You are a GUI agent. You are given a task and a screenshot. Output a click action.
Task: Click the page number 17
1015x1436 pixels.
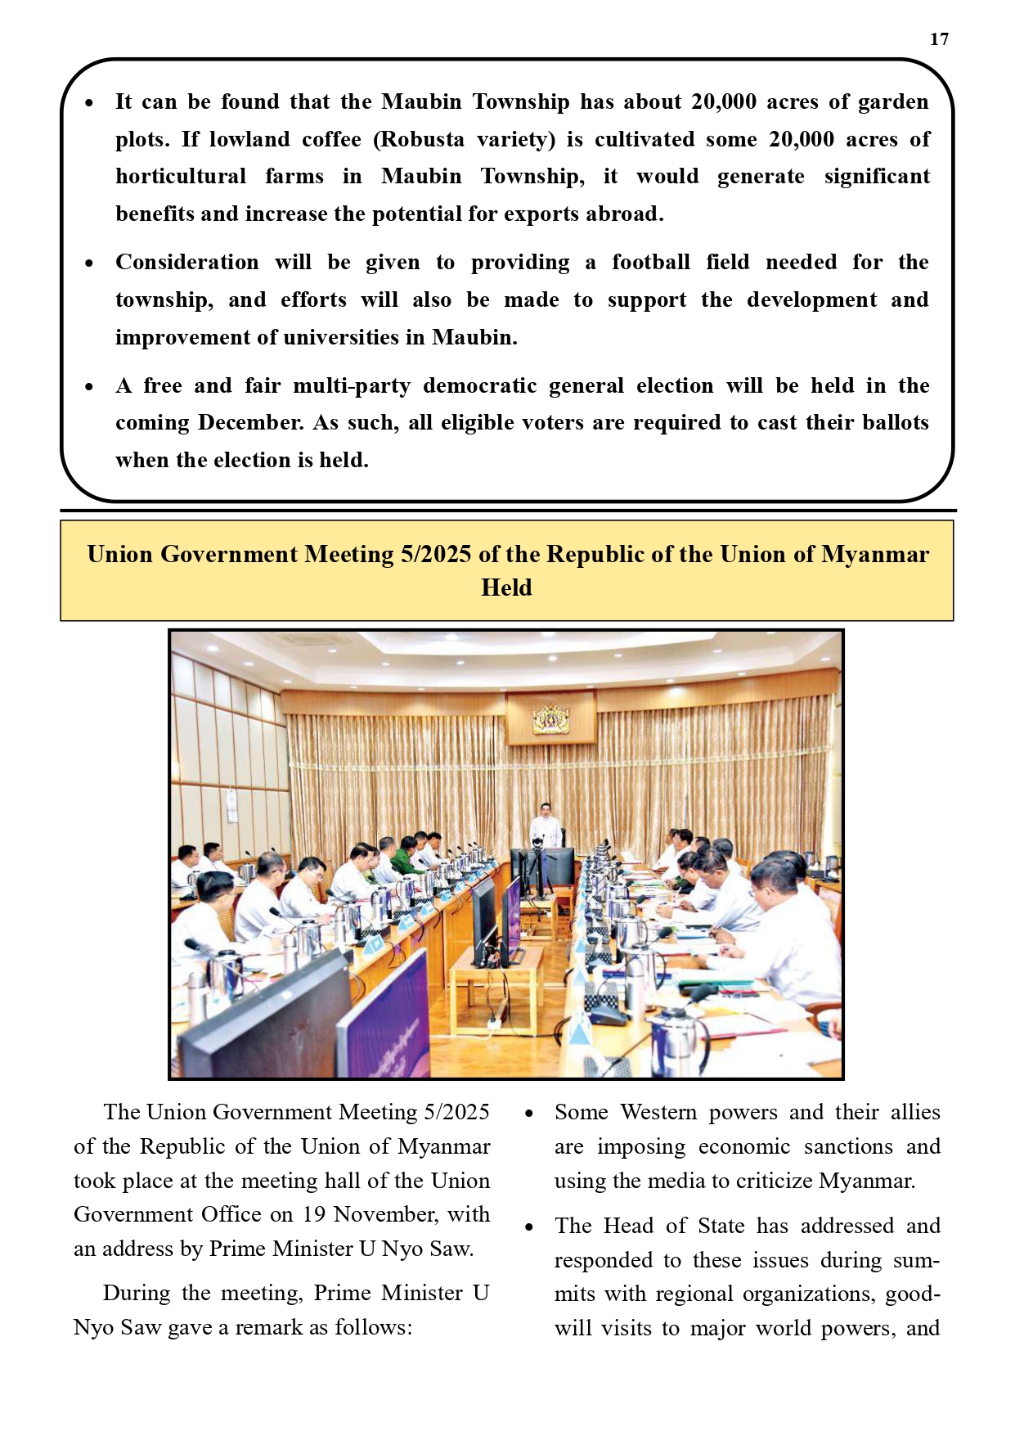pyautogui.click(x=939, y=39)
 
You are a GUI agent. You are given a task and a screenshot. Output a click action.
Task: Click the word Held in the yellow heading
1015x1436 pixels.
pyautogui.click(x=506, y=587)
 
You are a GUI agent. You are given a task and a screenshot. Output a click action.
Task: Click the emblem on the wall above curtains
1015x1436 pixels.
pyautogui.click(x=551, y=718)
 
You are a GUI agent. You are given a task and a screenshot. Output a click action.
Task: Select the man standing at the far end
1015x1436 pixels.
pyautogui.click(x=546, y=826)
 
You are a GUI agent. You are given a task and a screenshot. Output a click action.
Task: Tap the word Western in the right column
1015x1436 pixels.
pyautogui.click(x=658, y=1112)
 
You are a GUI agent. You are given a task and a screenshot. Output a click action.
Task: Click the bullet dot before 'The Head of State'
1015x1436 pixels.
pyautogui.click(x=530, y=1227)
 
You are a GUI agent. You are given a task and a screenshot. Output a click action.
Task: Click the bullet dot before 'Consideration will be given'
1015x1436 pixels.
pyautogui.click(x=89, y=263)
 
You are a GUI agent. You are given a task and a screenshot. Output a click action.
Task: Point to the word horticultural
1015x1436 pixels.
pyautogui.click(x=181, y=177)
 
